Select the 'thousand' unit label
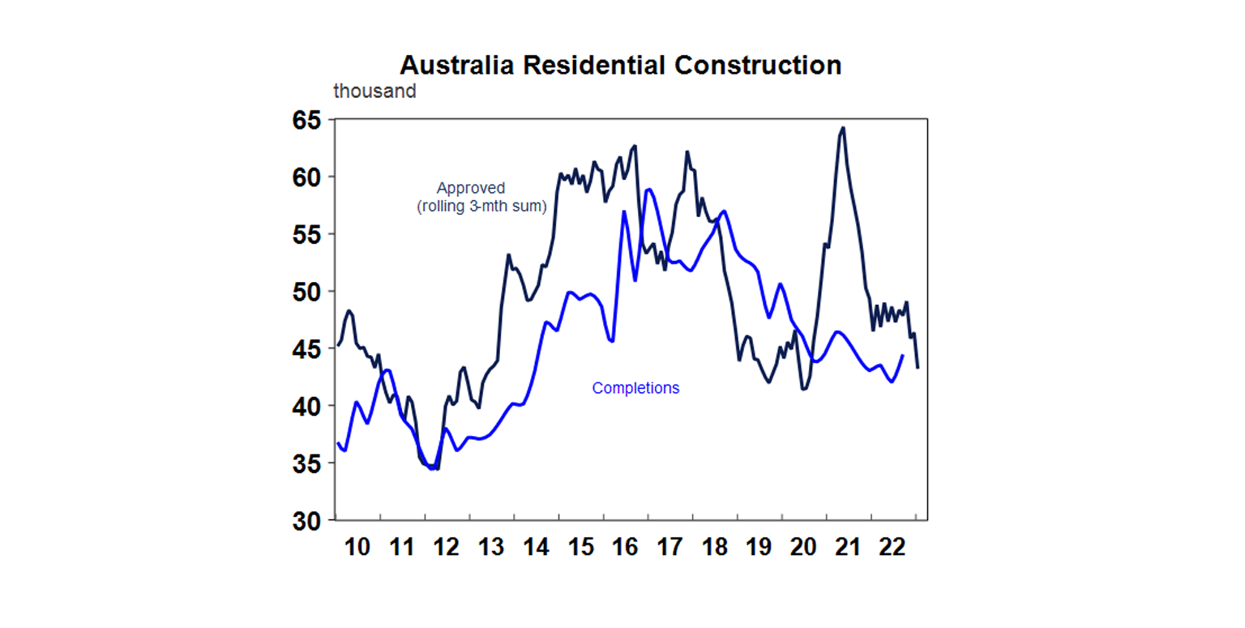(374, 92)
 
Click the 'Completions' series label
(635, 388)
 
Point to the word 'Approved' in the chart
(471, 189)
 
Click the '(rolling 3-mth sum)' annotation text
(481, 207)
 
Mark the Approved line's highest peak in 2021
(844, 127)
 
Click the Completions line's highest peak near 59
(648, 189)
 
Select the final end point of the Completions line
(903, 355)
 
